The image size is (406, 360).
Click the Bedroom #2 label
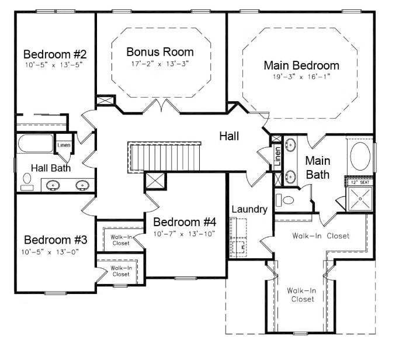[x=55, y=54]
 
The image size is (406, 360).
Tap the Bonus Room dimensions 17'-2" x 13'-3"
[x=159, y=64]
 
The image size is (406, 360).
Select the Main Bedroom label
[x=301, y=65]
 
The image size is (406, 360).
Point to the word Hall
[x=229, y=136]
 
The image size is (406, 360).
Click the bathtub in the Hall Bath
[x=36, y=143]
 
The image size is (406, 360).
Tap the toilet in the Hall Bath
[x=27, y=182]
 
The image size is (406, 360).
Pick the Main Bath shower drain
[x=360, y=199]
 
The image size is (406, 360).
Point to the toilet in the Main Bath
[x=285, y=200]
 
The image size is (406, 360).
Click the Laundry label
[x=249, y=209]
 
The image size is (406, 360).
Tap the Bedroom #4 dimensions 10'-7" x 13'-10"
[x=184, y=234]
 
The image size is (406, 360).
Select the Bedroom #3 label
[x=55, y=240]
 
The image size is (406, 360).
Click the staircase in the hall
[x=164, y=157]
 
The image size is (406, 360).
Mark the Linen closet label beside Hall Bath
[x=64, y=145]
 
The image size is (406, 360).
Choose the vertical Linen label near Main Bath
[x=277, y=156]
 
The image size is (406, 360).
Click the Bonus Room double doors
[x=161, y=106]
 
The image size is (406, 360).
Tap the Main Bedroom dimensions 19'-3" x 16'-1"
[x=301, y=77]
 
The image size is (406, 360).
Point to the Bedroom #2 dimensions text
[x=54, y=65]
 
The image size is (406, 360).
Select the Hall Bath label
[x=51, y=168]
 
